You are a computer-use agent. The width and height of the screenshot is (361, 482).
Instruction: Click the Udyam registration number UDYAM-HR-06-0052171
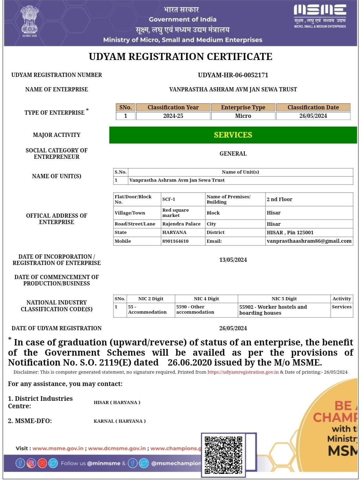(233, 75)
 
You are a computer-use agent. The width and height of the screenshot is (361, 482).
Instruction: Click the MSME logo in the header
(320, 16)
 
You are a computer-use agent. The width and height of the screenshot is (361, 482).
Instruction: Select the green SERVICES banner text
(233, 135)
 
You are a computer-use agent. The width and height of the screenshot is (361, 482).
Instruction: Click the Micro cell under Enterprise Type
(243, 116)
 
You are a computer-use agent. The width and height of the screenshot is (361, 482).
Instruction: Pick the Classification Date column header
(313, 107)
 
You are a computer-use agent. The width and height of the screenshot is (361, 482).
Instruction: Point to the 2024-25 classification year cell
(173, 116)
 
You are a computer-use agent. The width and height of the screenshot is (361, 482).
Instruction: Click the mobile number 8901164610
(175, 241)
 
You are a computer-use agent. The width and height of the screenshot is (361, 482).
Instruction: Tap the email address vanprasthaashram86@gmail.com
(309, 241)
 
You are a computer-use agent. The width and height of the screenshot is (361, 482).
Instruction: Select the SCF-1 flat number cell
(169, 199)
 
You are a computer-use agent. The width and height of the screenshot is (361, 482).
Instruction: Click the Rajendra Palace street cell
(181, 224)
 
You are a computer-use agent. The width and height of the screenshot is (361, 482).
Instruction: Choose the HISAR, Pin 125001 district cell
(290, 232)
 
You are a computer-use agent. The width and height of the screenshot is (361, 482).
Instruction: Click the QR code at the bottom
(224, 454)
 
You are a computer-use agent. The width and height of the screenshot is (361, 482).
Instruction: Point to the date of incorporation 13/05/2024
(233, 260)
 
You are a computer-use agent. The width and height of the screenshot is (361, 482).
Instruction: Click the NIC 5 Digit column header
(284, 299)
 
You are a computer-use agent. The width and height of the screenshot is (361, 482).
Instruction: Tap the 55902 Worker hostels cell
(273, 310)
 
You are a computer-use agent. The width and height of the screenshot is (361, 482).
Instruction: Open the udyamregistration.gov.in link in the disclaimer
(243, 372)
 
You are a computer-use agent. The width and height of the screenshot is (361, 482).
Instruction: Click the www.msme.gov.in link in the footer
(58, 448)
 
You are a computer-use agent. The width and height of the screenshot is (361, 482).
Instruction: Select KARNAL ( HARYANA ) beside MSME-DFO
(120, 421)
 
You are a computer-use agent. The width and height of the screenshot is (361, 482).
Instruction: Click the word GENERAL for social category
(233, 153)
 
